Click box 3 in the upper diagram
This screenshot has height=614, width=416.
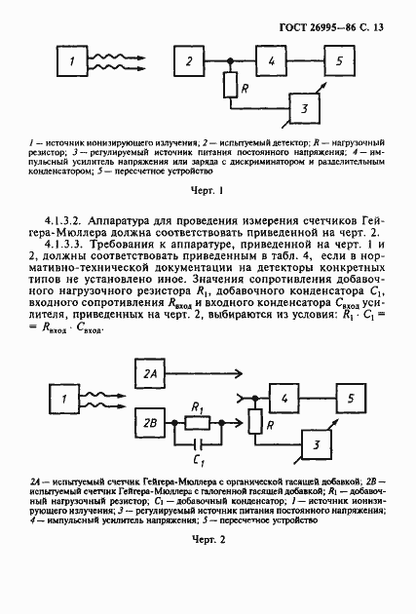tap(305, 107)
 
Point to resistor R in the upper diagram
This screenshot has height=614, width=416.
tap(229, 88)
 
